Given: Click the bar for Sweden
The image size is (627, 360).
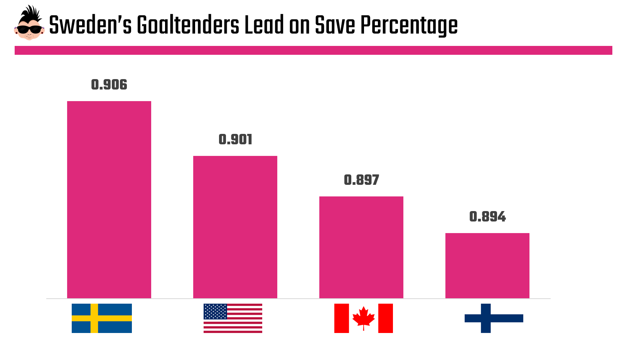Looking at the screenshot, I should coord(109,199).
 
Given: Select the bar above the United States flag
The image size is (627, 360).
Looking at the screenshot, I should coord(235,227).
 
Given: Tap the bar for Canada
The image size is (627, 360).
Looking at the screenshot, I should coord(361,247).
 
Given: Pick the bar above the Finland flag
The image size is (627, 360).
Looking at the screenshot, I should coord(487,265).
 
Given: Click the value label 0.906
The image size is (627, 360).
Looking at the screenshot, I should coord(109,85).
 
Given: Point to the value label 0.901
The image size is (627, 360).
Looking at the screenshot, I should coord(235,140).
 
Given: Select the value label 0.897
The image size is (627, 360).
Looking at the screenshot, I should coord(361,180).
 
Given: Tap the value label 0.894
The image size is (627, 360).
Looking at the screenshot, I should coord(487,217).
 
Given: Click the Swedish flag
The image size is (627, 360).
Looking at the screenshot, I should coord(102,318).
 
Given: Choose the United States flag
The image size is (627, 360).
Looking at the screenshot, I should coord(233,318).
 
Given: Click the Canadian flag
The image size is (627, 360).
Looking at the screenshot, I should coord(364,318).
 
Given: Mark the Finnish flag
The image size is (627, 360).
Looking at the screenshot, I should coord(494,318).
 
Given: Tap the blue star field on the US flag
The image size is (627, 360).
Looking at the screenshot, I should coord(215,311).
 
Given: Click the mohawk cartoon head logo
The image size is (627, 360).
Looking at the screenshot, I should coord(29,23).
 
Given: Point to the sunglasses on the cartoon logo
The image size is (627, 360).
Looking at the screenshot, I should coord(29,29).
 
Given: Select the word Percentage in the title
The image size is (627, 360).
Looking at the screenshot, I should coord(409,25).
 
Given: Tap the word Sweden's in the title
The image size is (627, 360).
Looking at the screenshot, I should coord(91,25).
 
